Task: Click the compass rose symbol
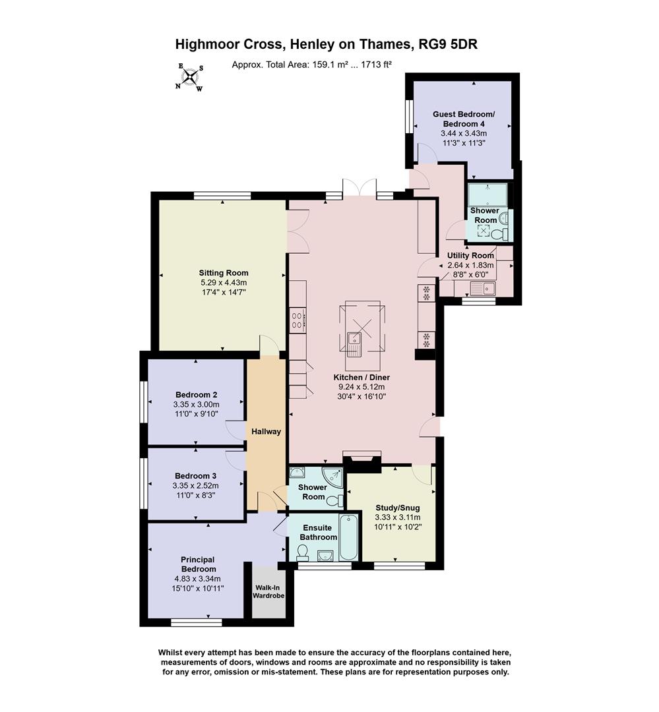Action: click(x=190, y=77)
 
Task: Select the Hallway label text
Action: click(x=266, y=432)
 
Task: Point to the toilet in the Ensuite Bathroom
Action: click(x=303, y=552)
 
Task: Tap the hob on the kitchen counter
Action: click(x=297, y=321)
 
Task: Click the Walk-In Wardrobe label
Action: click(x=268, y=591)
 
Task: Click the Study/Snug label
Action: click(x=398, y=508)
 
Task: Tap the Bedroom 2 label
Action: click(x=196, y=395)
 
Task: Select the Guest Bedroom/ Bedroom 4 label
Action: click(x=463, y=119)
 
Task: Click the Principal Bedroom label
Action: click(x=198, y=564)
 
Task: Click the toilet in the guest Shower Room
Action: click(x=504, y=233)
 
